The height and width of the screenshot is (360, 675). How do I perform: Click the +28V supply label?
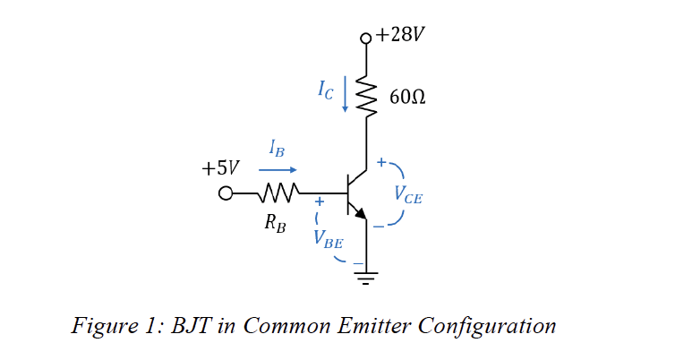click(x=400, y=35)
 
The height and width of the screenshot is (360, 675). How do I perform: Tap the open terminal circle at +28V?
click(x=365, y=39)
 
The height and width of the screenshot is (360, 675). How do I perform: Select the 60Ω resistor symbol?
click(x=365, y=93)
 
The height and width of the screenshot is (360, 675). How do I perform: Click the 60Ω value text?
click(x=407, y=97)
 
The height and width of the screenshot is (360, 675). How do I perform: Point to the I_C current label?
click(x=327, y=89)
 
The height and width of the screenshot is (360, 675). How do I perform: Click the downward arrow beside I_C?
click(x=346, y=94)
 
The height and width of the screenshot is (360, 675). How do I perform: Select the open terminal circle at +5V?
click(x=226, y=193)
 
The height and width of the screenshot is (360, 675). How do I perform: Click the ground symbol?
click(x=365, y=277)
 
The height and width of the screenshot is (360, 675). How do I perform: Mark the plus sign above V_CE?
click(x=381, y=163)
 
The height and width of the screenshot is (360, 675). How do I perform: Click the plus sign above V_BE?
click(x=318, y=203)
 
